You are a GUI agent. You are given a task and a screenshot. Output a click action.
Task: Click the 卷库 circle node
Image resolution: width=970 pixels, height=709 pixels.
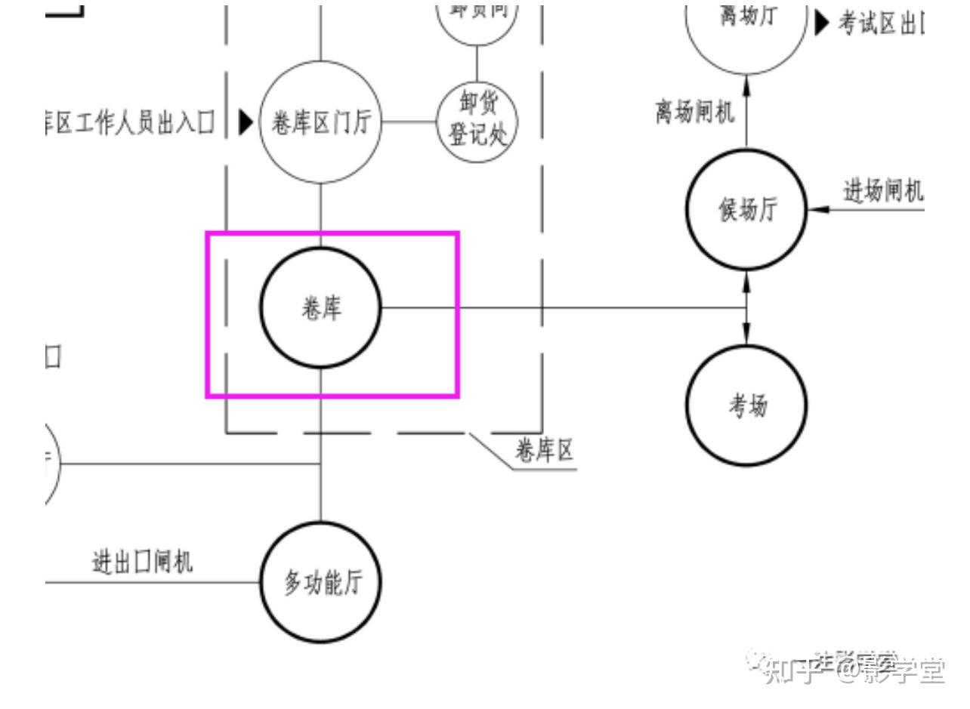pyautogui.click(x=321, y=308)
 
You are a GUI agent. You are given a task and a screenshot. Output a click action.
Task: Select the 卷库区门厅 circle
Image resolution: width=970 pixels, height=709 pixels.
pyautogui.click(x=320, y=122)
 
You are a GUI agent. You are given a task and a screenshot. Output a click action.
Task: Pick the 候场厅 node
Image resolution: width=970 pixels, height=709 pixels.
pyautogui.click(x=746, y=209)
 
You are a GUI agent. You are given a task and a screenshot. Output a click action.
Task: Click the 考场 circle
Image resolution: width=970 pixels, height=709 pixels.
pyautogui.click(x=746, y=405)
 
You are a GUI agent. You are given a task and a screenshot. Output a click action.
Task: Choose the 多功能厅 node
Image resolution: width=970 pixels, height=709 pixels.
pyautogui.click(x=321, y=582)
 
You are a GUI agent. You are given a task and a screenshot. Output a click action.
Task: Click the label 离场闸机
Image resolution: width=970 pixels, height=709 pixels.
pyautogui.click(x=694, y=113)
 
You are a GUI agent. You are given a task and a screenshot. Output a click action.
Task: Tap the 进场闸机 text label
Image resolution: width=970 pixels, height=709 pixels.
pyautogui.click(x=882, y=191)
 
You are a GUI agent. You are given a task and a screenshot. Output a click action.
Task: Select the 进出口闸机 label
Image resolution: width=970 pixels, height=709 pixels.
pyautogui.click(x=142, y=562)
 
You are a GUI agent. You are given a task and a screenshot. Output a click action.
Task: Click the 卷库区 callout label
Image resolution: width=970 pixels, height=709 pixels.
pyautogui.click(x=544, y=451)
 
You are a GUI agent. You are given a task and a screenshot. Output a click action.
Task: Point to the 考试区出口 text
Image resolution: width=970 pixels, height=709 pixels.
pyautogui.click(x=881, y=23)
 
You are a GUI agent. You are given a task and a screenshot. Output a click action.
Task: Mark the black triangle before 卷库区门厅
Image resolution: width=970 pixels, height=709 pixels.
pyautogui.click(x=246, y=122)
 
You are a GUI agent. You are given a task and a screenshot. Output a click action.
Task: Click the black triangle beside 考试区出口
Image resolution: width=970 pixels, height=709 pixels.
pyautogui.click(x=822, y=23)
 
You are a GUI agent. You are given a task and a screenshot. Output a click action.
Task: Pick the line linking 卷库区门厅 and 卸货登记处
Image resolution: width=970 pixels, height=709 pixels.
pyautogui.click(x=409, y=122)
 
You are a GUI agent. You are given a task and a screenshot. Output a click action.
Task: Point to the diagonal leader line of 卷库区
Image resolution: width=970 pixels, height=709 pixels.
pyautogui.click(x=492, y=452)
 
